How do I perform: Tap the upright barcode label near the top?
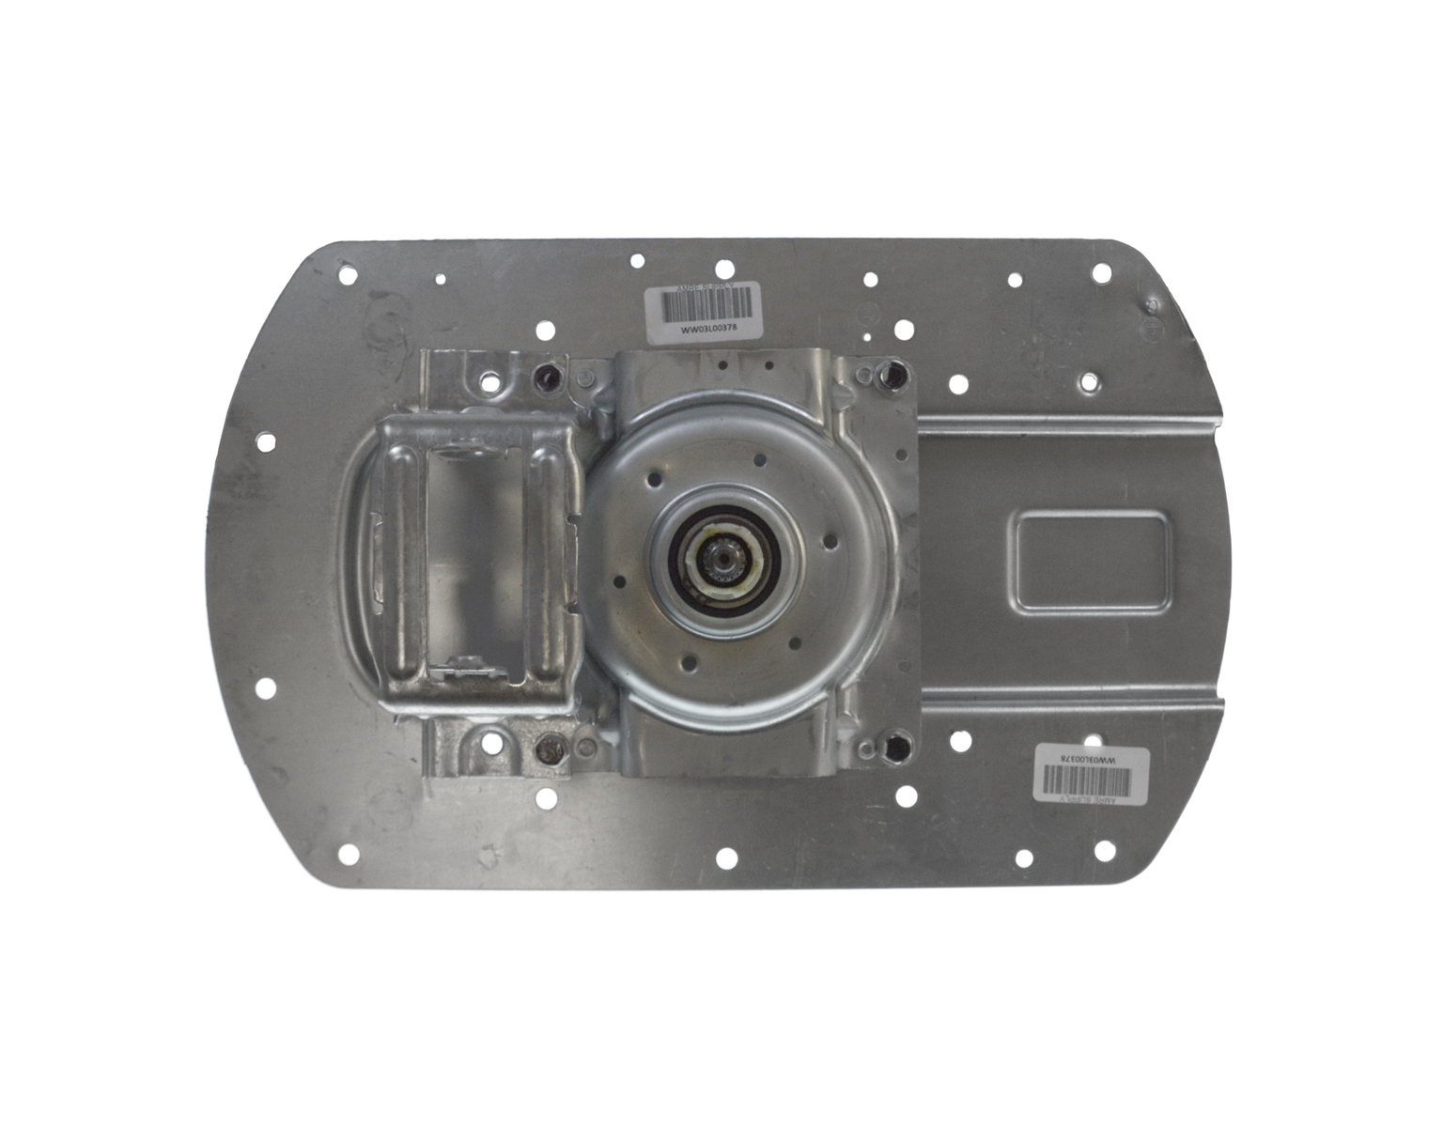pos(705,309)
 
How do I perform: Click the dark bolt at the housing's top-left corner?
pos(546,378)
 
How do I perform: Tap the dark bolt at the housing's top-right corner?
pos(887,378)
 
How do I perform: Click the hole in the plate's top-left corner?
pos(348,276)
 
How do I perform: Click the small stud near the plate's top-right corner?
pos(1151,306)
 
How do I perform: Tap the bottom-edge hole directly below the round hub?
pos(726,857)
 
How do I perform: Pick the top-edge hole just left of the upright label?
pos(637,261)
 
